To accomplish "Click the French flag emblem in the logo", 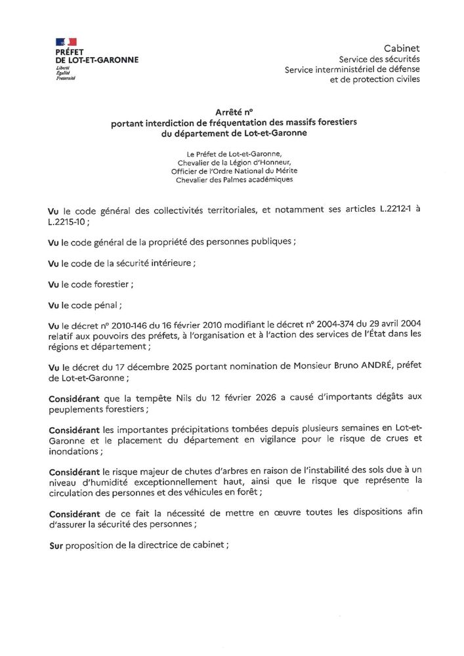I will pyautogui.click(x=66, y=42).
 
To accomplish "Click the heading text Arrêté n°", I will pyautogui.click(x=234, y=112).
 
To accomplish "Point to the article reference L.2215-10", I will pyautogui.click(x=66, y=222).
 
